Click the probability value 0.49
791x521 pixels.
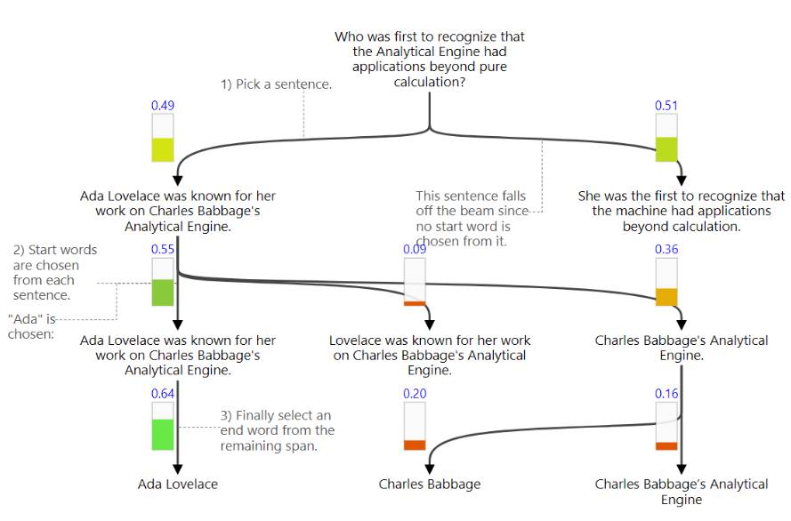tap(163, 106)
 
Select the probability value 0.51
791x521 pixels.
tap(666, 106)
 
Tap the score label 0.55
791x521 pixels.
tap(163, 250)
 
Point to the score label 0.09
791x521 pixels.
tap(415, 250)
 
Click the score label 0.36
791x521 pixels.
tap(666, 250)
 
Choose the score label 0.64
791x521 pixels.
tap(163, 394)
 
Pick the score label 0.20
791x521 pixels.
tap(415, 394)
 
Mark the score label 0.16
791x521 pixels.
tap(666, 394)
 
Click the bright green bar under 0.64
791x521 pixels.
tap(163, 435)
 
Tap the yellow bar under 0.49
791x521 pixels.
tap(163, 149)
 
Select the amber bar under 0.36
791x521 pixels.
tap(666, 297)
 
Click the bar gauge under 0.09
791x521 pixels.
tap(416, 282)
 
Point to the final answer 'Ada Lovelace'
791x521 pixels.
tap(178, 485)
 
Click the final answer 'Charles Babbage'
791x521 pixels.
tap(430, 485)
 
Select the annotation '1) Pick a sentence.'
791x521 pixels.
tap(277, 84)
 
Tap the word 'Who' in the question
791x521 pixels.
tap(350, 37)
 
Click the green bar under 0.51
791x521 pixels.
tap(666, 149)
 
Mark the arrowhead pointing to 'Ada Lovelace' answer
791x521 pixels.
tap(178, 469)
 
